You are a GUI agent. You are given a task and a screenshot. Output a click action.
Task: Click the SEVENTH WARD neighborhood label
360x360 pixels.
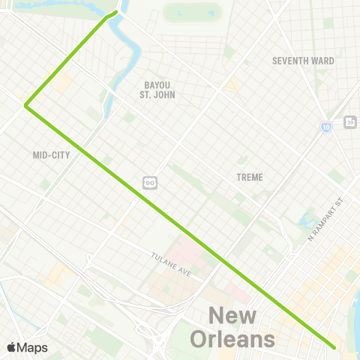pyautogui.click(x=303, y=61)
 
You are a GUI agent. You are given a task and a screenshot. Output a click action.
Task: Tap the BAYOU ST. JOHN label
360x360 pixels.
pyautogui.click(x=157, y=90)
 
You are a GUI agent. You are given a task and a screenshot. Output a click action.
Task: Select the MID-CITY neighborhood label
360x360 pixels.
pyautogui.click(x=50, y=156)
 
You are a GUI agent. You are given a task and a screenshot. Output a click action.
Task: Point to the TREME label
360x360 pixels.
pyautogui.click(x=249, y=178)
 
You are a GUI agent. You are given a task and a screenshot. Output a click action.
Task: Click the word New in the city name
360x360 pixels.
pyautogui.click(x=232, y=317)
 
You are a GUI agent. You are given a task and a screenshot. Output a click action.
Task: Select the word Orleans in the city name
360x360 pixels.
pyautogui.click(x=232, y=340)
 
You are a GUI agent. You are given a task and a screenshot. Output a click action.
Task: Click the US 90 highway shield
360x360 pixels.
pyautogui.click(x=150, y=182)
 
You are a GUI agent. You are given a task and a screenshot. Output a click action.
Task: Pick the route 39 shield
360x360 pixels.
pyautogui.click(x=349, y=122)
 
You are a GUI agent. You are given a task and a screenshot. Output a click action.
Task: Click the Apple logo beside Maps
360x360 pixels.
pyautogui.click(x=11, y=347)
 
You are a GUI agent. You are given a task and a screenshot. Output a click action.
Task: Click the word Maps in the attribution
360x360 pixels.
pyautogui.click(x=32, y=347)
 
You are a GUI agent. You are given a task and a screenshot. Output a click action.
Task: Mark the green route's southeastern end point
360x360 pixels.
pyautogui.click(x=334, y=347)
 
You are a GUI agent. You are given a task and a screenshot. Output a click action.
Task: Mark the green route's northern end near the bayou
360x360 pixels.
pyautogui.click(x=116, y=12)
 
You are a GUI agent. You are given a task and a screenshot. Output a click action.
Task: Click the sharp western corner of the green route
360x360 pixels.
pyautogui.click(x=26, y=106)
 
